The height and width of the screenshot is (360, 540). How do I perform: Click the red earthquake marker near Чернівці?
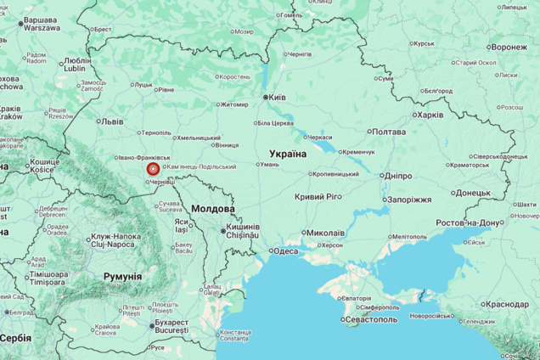point(153,169)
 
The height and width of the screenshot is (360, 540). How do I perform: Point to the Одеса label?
point(284,250)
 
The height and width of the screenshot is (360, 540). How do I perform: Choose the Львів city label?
point(111,121)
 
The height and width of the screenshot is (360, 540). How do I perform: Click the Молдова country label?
point(213,208)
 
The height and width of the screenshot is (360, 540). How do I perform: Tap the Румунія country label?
point(122,276)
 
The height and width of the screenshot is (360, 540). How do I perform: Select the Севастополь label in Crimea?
point(372,319)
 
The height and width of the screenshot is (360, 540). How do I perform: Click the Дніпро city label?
point(397,175)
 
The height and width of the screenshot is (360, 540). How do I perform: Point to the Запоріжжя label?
point(408,200)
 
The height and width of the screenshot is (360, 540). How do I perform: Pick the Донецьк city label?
point(472,193)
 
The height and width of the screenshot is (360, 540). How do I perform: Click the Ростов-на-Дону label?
point(470,222)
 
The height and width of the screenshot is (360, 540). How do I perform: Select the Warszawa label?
point(41,27)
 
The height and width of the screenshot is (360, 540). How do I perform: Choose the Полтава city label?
point(389,132)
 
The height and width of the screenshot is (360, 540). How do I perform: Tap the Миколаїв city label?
point(325,233)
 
